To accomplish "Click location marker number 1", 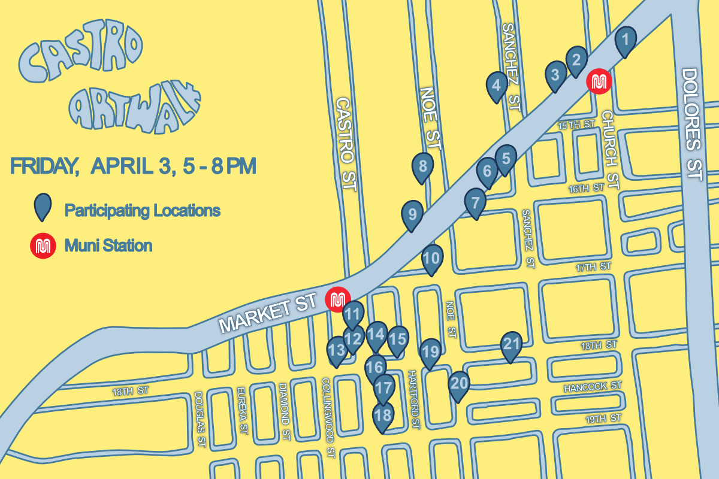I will [625, 41].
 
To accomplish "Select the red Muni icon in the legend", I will [43, 245].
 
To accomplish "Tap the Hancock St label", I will [592, 388].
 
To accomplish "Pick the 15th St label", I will [575, 125].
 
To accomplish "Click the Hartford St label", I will [414, 399].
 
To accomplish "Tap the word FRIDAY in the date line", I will [44, 166].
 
